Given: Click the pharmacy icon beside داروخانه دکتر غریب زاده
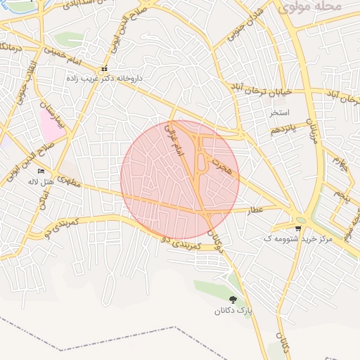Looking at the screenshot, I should (x=104, y=69).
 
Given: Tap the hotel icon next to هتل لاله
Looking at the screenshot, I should (x=41, y=171).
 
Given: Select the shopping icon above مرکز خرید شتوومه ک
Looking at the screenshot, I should (x=299, y=228).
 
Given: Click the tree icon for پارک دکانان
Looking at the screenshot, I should (x=233, y=300).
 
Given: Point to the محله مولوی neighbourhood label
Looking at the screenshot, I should (x=309, y=7).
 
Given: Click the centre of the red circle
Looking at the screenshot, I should (x=180, y=179).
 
